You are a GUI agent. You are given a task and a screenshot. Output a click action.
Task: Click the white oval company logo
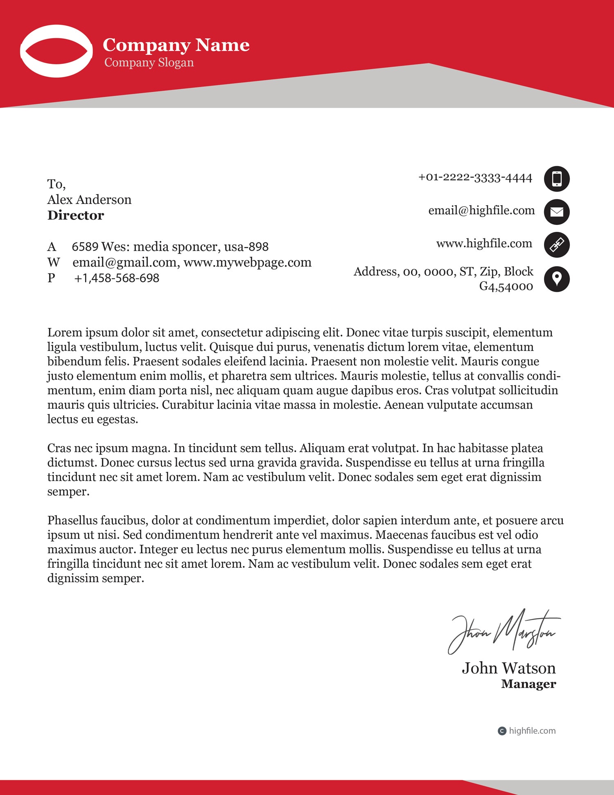[56, 51]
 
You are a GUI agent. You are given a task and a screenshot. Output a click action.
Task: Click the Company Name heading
[176, 45]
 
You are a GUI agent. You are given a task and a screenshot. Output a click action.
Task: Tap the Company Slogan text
[149, 63]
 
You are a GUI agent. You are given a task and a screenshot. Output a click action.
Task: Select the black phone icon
[557, 179]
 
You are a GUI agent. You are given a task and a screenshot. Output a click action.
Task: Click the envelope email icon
[557, 212]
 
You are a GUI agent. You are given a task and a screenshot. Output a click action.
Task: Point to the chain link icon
[557, 245]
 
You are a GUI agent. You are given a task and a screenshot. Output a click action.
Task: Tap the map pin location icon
[557, 279]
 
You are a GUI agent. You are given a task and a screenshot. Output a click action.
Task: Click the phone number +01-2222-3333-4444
[475, 178]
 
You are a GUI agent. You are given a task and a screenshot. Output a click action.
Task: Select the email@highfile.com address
[481, 211]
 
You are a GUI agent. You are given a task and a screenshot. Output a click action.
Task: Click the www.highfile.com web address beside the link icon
[484, 244]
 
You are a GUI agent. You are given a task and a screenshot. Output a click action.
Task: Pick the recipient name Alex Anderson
[89, 200]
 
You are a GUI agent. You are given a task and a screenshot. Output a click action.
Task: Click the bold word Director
[76, 215]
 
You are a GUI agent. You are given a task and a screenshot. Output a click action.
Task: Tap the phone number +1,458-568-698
[117, 278]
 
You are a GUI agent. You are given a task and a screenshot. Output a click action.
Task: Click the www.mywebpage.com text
[247, 263]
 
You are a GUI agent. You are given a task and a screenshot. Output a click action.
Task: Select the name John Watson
[509, 668]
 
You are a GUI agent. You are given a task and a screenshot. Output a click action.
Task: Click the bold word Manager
[528, 684]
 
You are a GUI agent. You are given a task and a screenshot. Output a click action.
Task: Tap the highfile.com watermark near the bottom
[532, 731]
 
